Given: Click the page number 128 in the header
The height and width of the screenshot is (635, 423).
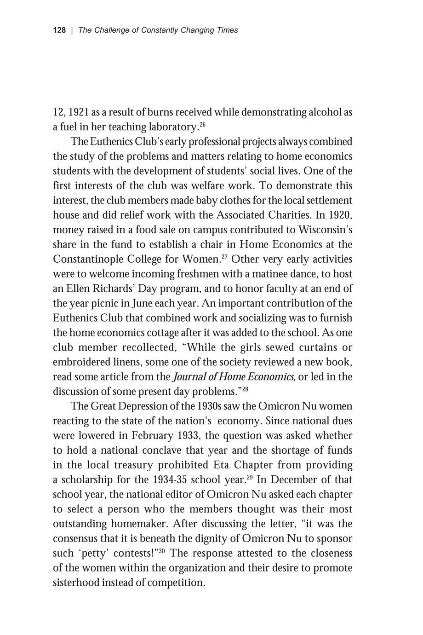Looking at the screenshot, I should (x=59, y=30).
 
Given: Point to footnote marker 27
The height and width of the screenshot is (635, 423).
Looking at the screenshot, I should (x=224, y=256).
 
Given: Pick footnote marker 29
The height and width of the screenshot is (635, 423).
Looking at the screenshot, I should (x=250, y=477).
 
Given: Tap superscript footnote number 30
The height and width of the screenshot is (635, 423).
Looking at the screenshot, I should (x=162, y=551).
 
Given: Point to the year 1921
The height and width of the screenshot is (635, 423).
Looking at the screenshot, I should (x=79, y=112).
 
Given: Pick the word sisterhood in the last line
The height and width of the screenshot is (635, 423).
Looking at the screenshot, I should (x=76, y=583).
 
